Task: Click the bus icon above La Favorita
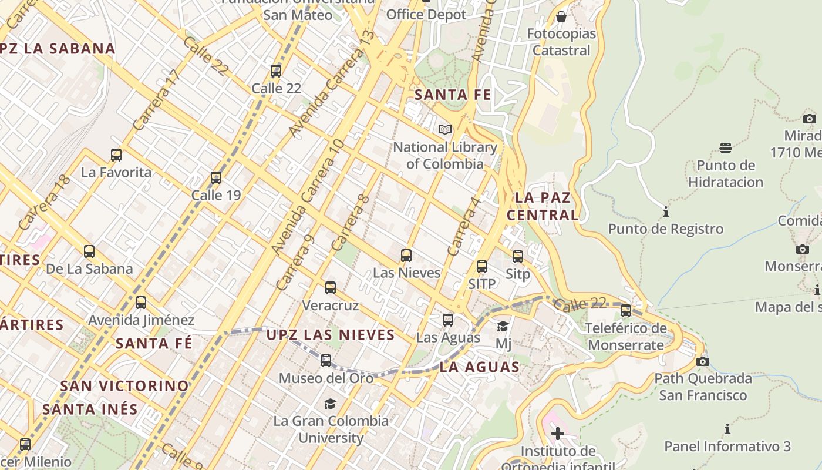[x=116, y=155]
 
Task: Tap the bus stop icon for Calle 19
[x=216, y=178]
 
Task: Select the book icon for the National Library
[x=445, y=129]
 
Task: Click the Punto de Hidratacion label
[x=726, y=173]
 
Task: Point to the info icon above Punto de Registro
[x=666, y=211]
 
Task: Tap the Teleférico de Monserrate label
[x=626, y=337]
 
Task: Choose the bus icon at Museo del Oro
[x=326, y=361]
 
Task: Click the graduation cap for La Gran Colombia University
[x=331, y=404]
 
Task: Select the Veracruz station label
[x=330, y=305]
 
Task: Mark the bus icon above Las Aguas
[x=448, y=320]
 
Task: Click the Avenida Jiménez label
[x=141, y=320]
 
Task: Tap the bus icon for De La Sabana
[x=89, y=251]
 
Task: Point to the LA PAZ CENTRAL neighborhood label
[x=543, y=206]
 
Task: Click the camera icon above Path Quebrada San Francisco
[x=702, y=361]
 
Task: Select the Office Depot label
[x=426, y=14]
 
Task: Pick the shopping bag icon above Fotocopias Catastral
[x=561, y=16]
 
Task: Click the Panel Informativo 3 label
[x=727, y=446]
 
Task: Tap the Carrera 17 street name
[x=154, y=100]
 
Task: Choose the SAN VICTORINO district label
[x=124, y=386]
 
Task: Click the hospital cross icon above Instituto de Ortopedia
[x=558, y=434]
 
